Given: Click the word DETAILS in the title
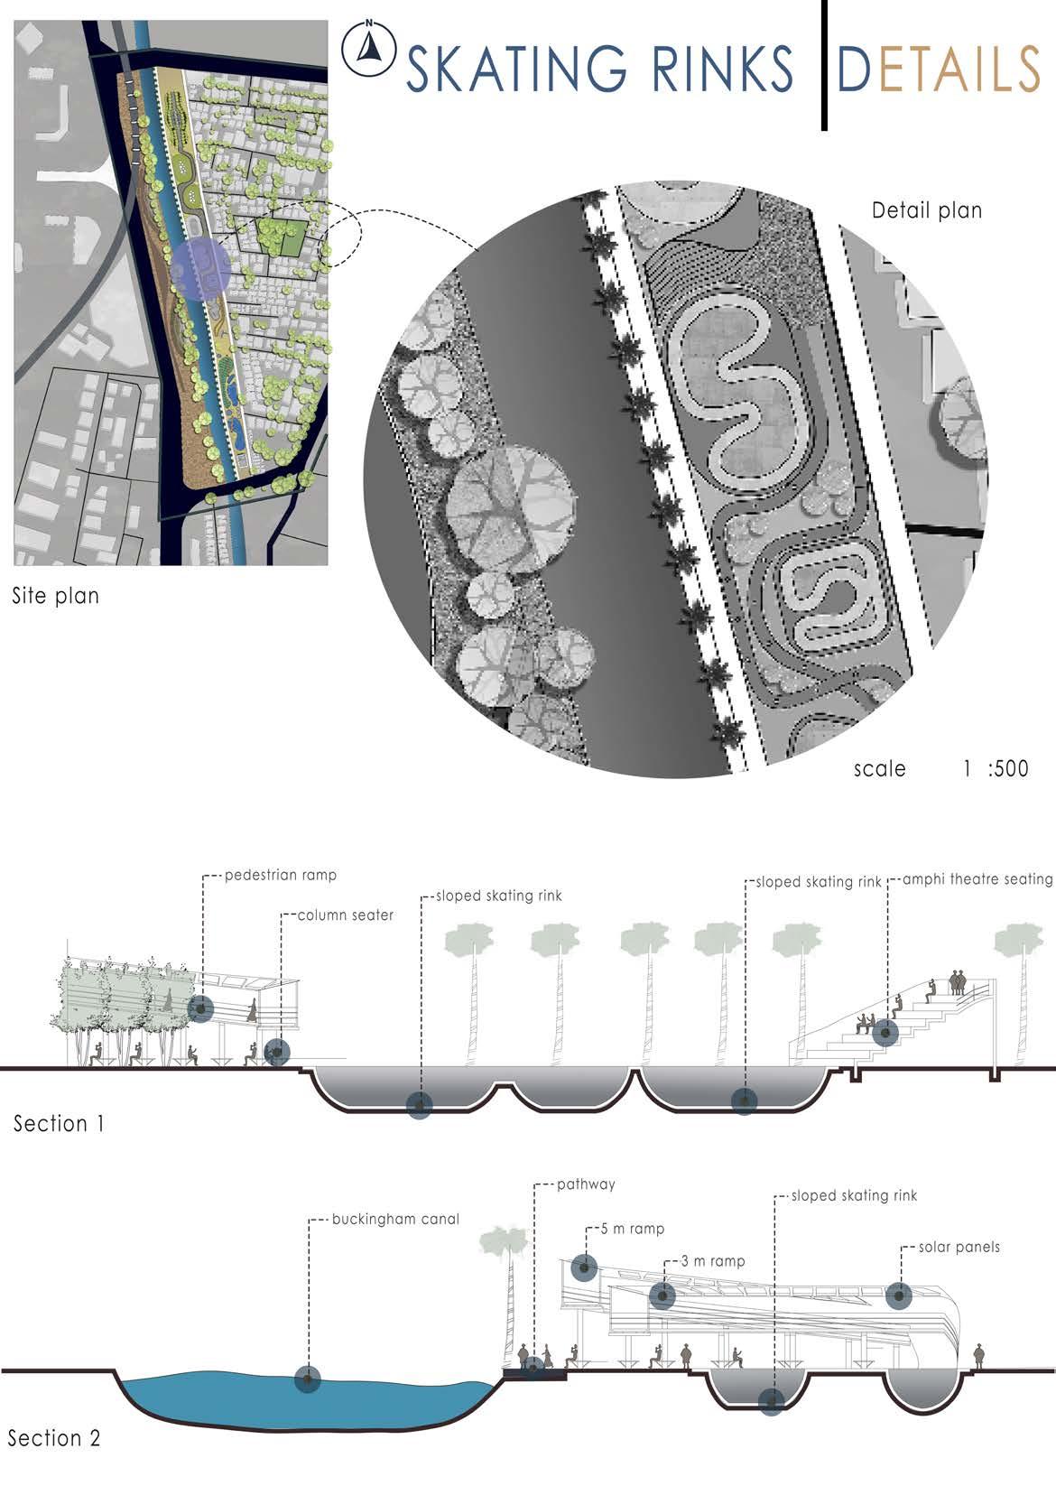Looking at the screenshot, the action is pyautogui.click(x=939, y=69).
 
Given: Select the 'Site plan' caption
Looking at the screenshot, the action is pyautogui.click(x=55, y=596).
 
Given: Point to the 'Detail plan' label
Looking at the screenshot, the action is pyautogui.click(x=927, y=211).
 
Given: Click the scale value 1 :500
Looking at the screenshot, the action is pyautogui.click(x=996, y=769).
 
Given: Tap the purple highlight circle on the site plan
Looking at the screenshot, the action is pyautogui.click(x=200, y=268).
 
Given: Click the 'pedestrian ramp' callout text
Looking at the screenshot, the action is pyautogui.click(x=280, y=875).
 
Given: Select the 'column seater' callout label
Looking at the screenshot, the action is pyautogui.click(x=346, y=915).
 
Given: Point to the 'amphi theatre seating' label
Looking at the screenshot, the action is pyautogui.click(x=977, y=879).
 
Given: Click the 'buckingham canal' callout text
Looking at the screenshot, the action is pyautogui.click(x=395, y=1220).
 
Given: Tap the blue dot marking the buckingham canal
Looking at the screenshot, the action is pyautogui.click(x=308, y=1379).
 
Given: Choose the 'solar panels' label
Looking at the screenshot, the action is pyautogui.click(x=959, y=1248).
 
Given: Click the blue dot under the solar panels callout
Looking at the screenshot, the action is pyautogui.click(x=899, y=1296).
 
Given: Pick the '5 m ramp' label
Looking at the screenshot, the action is pyautogui.click(x=633, y=1230).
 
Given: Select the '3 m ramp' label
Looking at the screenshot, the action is pyautogui.click(x=712, y=1261).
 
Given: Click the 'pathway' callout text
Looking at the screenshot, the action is pyautogui.click(x=586, y=1184).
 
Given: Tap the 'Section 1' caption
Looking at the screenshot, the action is pyautogui.click(x=59, y=1124).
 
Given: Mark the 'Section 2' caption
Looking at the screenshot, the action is pyautogui.click(x=54, y=1438).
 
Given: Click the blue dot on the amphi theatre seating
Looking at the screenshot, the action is pyautogui.click(x=885, y=1033).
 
